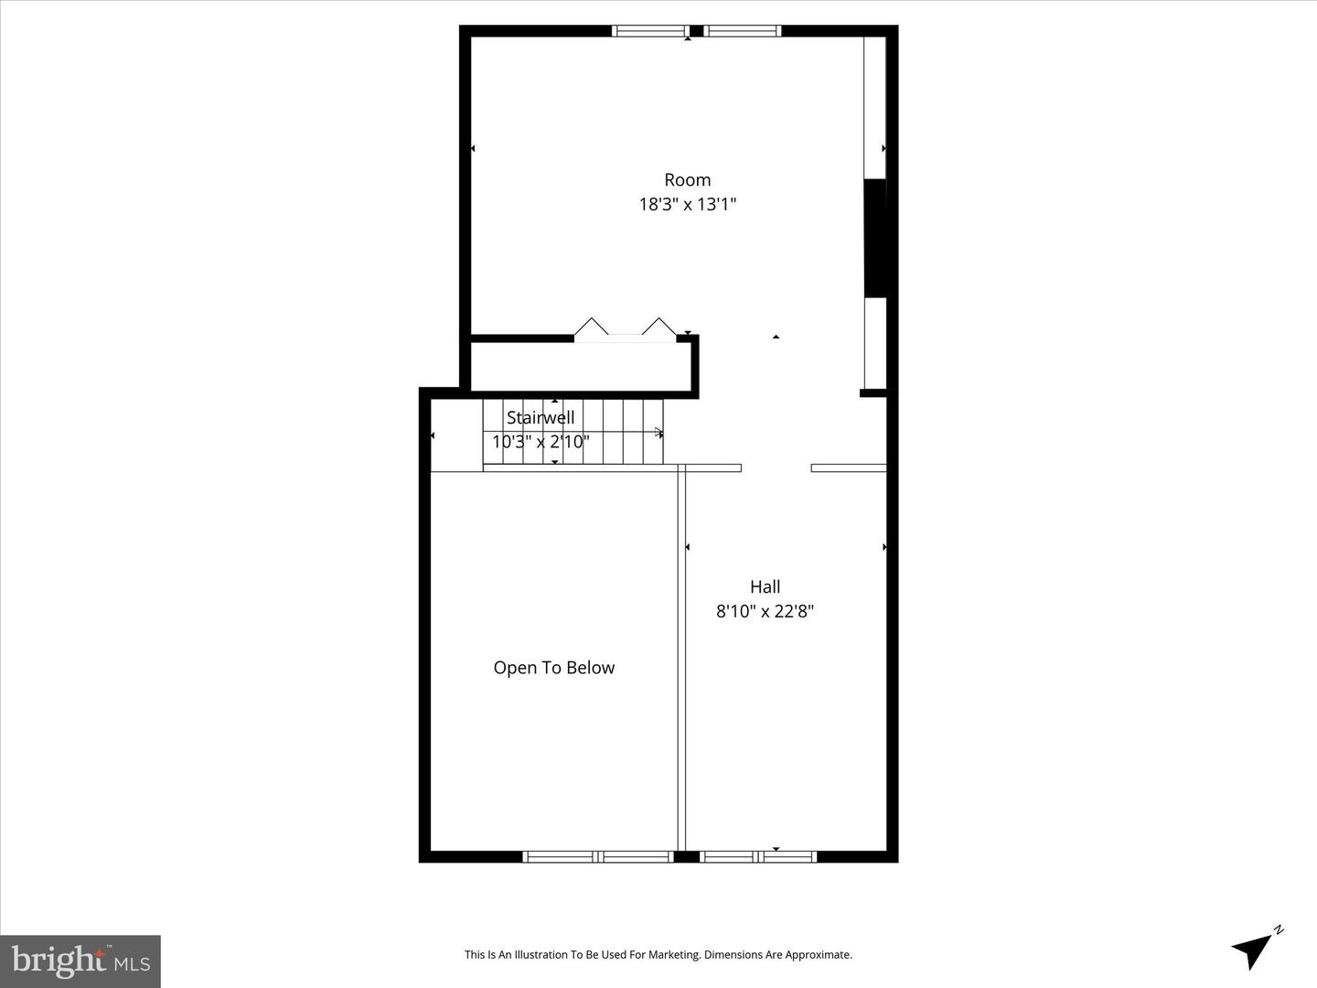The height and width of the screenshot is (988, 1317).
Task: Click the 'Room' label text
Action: pyautogui.click(x=687, y=180)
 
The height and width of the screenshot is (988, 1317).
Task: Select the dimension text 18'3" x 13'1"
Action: pyautogui.click(x=687, y=204)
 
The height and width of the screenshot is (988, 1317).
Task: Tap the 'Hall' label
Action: pyautogui.click(x=765, y=587)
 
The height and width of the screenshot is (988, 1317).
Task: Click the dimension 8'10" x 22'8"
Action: pyautogui.click(x=765, y=611)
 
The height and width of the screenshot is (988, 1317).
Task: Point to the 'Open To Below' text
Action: pyautogui.click(x=553, y=668)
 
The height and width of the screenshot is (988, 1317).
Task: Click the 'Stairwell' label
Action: pyautogui.click(x=541, y=418)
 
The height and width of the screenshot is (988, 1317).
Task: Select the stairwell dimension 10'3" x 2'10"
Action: pyautogui.click(x=541, y=442)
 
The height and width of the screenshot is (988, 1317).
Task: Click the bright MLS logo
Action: pyautogui.click(x=80, y=961)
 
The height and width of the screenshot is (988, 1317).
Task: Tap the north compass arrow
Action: pyautogui.click(x=1255, y=948)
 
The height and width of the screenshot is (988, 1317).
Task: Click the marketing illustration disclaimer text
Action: pyautogui.click(x=658, y=955)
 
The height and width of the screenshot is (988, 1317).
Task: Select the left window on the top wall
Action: pyautogui.click(x=649, y=31)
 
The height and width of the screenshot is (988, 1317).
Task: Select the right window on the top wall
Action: pyautogui.click(x=743, y=31)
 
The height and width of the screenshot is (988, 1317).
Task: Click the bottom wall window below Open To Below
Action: pyautogui.click(x=598, y=857)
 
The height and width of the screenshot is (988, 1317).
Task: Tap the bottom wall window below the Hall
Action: pyautogui.click(x=758, y=857)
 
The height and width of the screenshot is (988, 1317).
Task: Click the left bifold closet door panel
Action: pyautogui.click(x=591, y=327)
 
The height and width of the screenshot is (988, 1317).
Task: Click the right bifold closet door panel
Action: pyautogui.click(x=658, y=327)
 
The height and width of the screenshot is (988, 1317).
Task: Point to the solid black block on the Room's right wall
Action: pyautogui.click(x=875, y=238)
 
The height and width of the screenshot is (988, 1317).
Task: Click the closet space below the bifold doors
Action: pyautogui.click(x=580, y=368)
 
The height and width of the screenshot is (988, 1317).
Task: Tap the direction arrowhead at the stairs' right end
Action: pyautogui.click(x=658, y=433)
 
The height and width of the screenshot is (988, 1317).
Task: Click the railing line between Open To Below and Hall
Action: pyautogui.click(x=681, y=659)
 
